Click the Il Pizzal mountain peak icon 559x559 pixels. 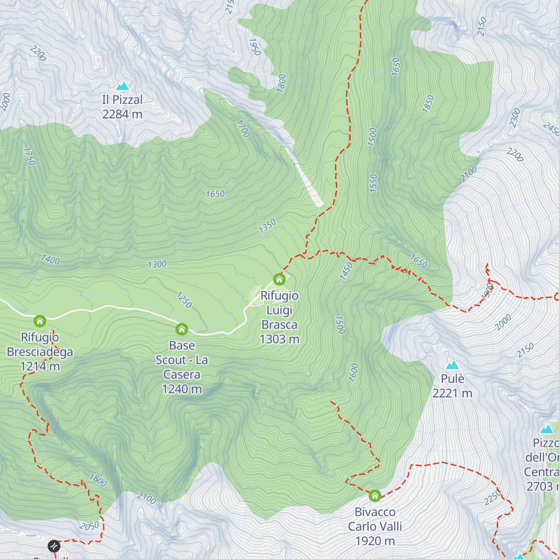coord(123,86)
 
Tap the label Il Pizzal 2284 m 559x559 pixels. coord(123,107)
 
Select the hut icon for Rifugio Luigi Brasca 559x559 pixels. coord(279,279)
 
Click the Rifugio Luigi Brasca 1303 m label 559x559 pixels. coord(279,317)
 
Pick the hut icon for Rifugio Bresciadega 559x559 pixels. coord(40,321)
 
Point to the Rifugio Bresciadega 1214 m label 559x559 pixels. coord(40,352)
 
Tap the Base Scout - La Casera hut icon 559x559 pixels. coord(182,329)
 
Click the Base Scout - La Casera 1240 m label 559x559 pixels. coord(182,367)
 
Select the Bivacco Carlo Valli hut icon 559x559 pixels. coord(375,496)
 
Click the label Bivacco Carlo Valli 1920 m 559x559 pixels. coord(375,526)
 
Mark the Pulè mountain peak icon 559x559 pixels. coord(452,365)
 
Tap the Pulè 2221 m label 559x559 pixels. coord(452,386)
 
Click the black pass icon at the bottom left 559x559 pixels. coord(54,545)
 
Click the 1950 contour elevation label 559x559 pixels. coord(255,47)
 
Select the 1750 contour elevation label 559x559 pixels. coord(29,156)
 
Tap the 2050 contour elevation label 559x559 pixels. coord(89,526)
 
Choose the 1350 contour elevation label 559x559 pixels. coord(267,226)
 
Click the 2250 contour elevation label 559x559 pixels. coord(492,497)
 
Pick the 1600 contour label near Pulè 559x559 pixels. coord(354,373)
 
